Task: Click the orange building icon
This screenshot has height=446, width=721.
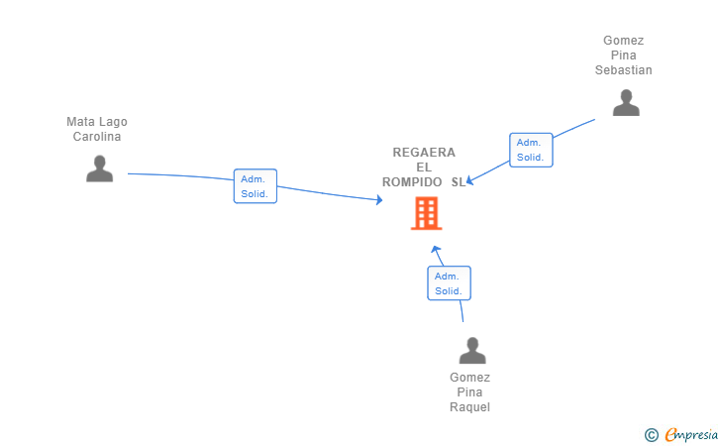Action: coord(426,213)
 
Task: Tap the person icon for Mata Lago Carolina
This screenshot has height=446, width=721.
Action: coord(99,168)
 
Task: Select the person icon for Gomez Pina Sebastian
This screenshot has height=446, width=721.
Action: coord(626,103)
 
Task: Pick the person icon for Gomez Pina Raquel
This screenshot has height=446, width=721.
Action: coord(472,350)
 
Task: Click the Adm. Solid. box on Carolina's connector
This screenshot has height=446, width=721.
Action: coord(256,186)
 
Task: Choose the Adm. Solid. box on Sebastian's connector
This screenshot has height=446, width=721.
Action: coord(531,150)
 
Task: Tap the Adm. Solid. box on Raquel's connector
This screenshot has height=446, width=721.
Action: coord(449,283)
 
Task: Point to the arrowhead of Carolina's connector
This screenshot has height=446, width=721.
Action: coord(379,200)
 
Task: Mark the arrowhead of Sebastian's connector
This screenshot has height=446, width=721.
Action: coord(469,180)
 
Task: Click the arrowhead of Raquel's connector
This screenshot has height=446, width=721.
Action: coord(436,250)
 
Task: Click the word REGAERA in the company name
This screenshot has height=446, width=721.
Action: coord(424,153)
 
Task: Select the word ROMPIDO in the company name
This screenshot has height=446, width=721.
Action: coord(412,182)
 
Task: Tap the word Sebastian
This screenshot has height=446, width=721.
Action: coord(624,70)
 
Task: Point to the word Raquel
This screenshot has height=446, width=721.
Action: coord(469,407)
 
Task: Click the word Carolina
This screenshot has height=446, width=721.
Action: coord(97,136)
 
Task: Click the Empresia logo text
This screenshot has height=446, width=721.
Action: coord(691,434)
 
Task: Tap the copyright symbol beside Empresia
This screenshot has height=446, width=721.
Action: coord(652,435)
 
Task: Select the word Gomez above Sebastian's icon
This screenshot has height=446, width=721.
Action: coord(624,41)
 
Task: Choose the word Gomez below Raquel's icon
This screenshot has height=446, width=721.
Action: coord(469,378)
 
